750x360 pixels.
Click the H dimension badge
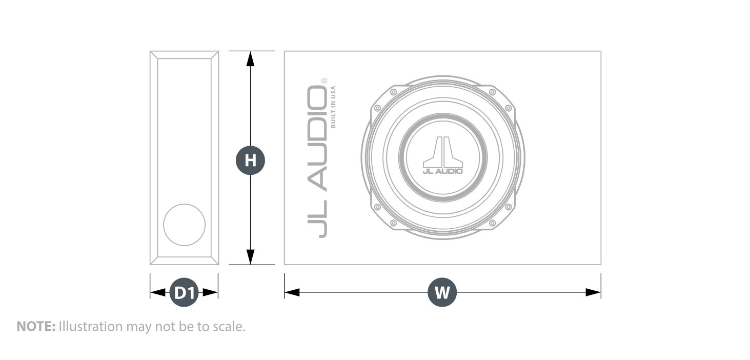[251, 161]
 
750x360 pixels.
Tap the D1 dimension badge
[185, 292]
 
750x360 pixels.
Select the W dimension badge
[442, 292]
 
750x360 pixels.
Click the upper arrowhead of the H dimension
[251, 59]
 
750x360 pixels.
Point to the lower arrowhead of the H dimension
[251, 257]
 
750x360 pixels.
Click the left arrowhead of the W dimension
[292, 292]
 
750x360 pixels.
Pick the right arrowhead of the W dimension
[593, 292]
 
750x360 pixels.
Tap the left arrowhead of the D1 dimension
[158, 292]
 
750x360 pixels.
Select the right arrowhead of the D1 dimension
[211, 292]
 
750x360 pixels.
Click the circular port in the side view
[185, 225]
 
